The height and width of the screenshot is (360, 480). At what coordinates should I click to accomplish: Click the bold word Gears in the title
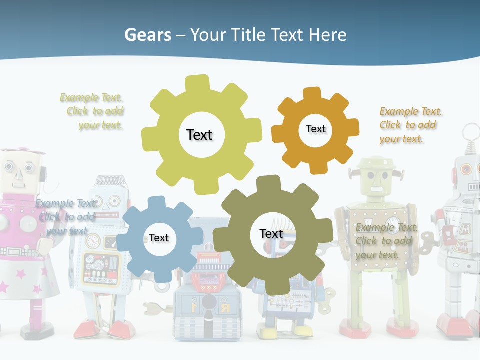(x=147, y=35)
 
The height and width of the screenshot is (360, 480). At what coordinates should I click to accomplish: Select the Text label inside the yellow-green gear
(x=199, y=135)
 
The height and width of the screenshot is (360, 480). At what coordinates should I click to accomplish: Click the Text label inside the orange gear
(x=315, y=129)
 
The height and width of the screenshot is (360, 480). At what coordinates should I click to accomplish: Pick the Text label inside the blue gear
(x=159, y=238)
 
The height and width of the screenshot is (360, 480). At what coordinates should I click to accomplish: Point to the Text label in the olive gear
(x=271, y=233)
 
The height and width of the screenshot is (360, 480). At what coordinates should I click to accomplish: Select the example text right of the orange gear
(x=410, y=125)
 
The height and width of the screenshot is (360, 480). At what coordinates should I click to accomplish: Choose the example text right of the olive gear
(x=386, y=241)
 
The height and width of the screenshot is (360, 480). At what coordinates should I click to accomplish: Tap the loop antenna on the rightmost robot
(x=470, y=132)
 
